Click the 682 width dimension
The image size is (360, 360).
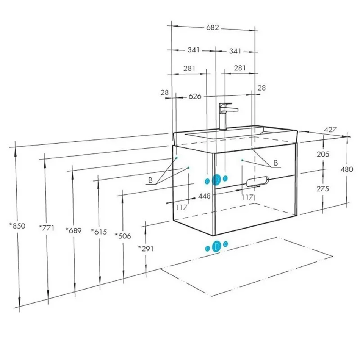click(212, 28)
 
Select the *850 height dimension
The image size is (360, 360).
click(17, 226)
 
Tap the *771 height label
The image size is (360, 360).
click(47, 228)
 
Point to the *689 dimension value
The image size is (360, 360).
click(74, 230)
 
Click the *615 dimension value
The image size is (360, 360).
click(99, 232)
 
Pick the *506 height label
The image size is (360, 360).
click(123, 236)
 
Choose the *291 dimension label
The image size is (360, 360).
click(146, 249)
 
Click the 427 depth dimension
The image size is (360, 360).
click(330, 130)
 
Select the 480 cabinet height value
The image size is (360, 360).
click(347, 169)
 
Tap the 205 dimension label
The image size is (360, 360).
click(323, 154)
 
